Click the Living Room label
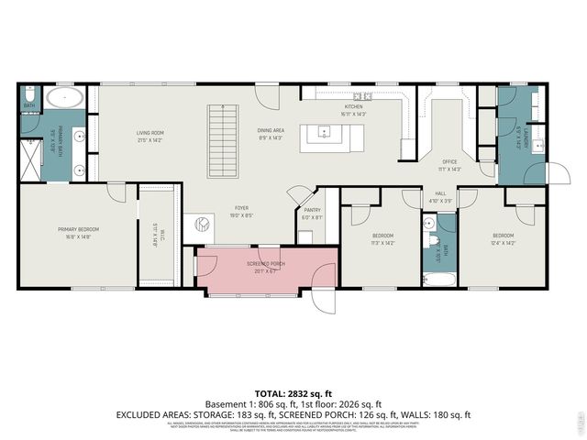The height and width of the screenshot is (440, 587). [150, 137]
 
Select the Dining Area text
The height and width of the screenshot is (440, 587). [271, 133]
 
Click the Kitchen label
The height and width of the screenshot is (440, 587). [353, 111]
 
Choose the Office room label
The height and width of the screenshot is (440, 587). [449, 166]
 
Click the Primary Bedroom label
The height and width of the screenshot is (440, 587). [78, 232]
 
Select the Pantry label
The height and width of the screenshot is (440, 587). [313, 213]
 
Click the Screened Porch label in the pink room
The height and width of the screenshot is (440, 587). [265, 267]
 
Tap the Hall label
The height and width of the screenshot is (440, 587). [440, 195]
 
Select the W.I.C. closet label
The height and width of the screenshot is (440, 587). [155, 236]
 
